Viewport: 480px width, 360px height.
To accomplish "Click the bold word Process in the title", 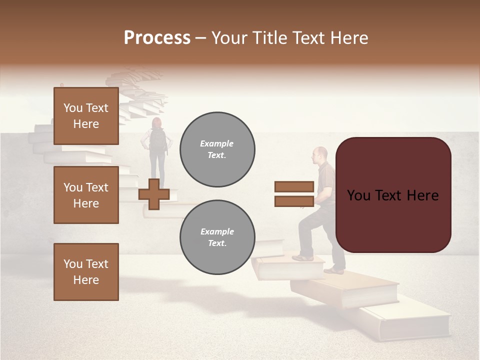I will coord(157,38).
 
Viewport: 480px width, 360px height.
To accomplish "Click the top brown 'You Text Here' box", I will coord(86,116).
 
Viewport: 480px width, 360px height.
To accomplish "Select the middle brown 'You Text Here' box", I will coord(86,195).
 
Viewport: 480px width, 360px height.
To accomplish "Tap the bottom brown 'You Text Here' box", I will coord(86,271).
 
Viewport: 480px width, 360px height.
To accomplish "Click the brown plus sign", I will coord(154,194).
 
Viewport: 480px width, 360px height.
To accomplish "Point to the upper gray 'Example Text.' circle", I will coord(217,149).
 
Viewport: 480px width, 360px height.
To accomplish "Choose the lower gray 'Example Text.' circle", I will coord(217,237).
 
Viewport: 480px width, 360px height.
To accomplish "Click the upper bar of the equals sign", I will coord(294,187).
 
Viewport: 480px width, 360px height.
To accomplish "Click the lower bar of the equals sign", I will coord(294,201).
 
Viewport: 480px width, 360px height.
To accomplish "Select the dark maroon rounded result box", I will coord(393,195).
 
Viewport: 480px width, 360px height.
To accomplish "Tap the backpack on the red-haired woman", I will coord(158,139).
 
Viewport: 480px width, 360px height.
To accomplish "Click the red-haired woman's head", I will coord(157,122).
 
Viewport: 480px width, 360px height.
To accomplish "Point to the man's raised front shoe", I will coord(302,258).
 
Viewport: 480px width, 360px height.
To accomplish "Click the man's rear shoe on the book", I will coord(334,270).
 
